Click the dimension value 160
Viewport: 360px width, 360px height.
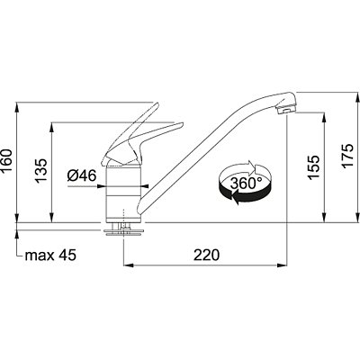6,160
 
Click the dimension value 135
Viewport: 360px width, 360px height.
41,170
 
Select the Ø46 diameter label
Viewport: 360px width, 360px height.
82,175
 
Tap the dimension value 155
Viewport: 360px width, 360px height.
314,167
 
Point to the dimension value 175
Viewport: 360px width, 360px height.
347,156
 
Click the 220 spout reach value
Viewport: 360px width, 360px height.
206,256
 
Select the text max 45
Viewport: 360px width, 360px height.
50,256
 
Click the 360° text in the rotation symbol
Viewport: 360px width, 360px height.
246,184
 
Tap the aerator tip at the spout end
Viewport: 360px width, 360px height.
285,110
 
